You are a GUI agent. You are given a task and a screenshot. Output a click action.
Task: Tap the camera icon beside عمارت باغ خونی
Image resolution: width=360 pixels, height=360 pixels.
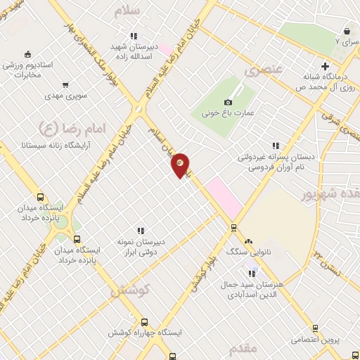[228, 103]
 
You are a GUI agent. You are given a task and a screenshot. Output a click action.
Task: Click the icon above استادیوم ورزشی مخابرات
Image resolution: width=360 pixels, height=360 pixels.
[27, 54]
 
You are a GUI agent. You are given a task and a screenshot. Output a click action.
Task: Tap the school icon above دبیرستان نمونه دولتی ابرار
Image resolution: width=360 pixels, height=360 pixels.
[141, 230]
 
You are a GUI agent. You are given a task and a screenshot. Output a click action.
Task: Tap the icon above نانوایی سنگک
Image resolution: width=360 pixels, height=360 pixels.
[247, 240]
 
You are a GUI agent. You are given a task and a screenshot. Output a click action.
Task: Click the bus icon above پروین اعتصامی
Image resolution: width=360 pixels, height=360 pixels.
[314, 328]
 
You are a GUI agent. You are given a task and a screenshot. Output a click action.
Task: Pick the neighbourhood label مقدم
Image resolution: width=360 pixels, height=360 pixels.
[243, 348]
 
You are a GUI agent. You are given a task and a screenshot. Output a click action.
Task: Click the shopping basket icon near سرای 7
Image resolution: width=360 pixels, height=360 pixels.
[347, 31]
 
